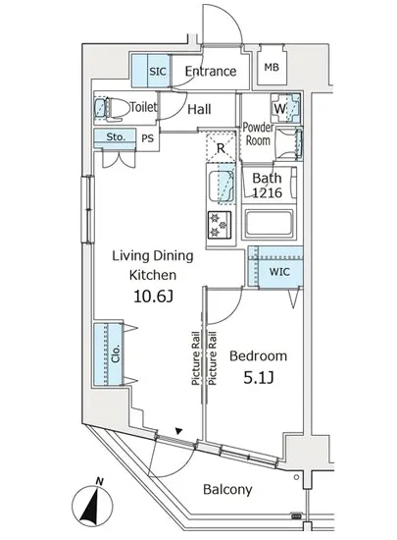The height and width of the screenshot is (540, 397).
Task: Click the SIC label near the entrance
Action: coord(158,72)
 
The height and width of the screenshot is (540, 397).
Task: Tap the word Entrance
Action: coord(211,72)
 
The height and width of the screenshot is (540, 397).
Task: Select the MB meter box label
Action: coord(272,67)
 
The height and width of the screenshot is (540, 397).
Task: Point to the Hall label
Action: coord(199,110)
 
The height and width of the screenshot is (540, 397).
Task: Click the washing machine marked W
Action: coord(286,108)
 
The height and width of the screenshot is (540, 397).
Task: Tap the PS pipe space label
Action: coord(148,138)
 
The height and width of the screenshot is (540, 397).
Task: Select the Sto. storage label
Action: coord(116,136)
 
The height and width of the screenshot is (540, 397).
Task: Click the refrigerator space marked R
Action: coord(221,148)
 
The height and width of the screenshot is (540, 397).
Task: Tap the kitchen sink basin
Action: coord(222,187)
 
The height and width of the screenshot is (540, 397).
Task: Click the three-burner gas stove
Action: coord(220,225)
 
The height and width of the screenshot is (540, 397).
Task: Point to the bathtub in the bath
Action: coord(268,223)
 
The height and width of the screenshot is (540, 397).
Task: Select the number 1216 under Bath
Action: coord(268,192)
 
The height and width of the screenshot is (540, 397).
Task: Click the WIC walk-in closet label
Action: coord(279,272)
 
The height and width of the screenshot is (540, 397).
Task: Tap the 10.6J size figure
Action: coord(153,297)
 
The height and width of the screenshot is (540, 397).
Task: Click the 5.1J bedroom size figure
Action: coord(259,378)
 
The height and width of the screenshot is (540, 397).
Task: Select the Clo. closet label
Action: coord(116,353)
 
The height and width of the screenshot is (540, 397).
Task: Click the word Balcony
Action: coord(227,489)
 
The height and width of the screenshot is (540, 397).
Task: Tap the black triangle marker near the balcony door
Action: coord(178,430)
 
